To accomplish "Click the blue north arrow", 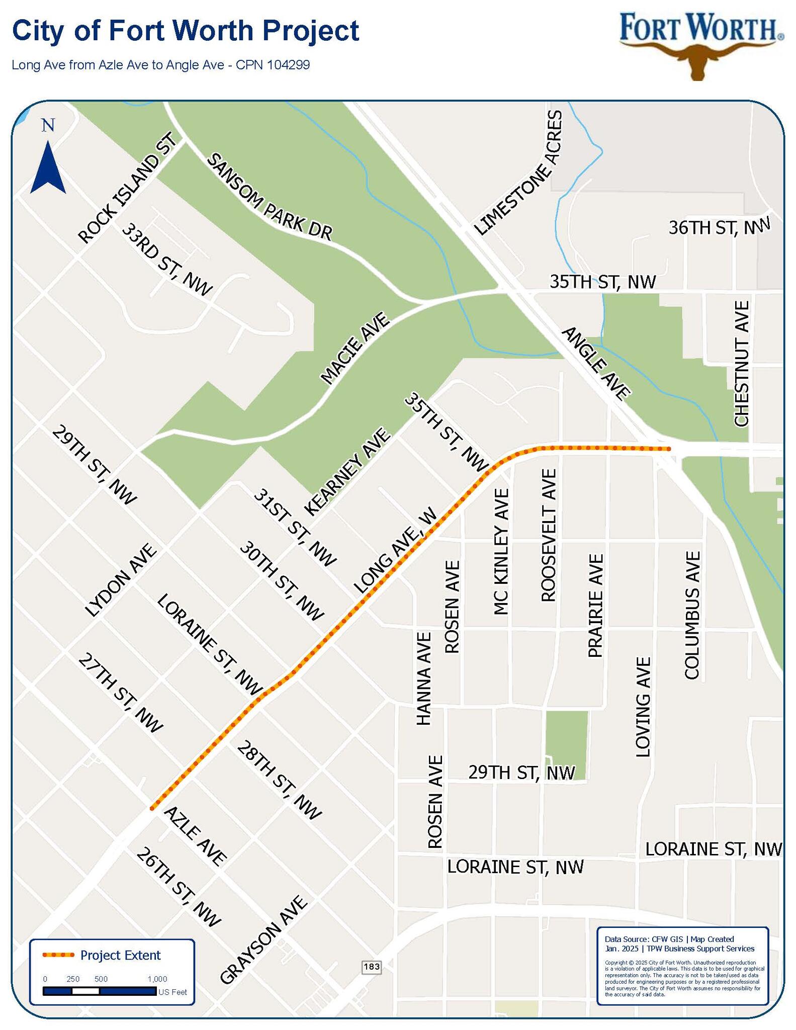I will point(48,167).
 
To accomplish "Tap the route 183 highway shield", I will point(372,967).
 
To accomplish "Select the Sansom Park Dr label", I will point(270,197).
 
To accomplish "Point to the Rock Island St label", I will point(128,188).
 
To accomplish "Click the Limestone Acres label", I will point(518,173).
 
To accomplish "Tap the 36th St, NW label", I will point(719,227).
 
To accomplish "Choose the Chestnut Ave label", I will point(742,363).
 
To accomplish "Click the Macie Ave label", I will point(356,348).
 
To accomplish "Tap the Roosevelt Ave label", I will point(549,535).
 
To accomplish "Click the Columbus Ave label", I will point(692,615).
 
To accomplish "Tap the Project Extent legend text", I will point(120,955).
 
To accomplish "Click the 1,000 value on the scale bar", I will point(157,979).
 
